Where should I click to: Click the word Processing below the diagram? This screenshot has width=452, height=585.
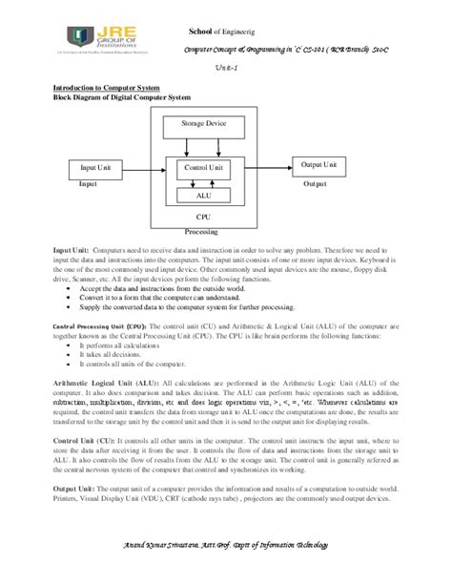click(x=203, y=231)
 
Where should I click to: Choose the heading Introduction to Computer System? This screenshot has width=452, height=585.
click(x=106, y=87)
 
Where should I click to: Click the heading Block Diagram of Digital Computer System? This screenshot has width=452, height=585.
click(x=121, y=97)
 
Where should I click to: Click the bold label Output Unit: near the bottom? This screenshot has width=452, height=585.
click(x=74, y=488)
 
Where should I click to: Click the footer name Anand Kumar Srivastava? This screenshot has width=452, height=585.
click(x=178, y=545)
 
